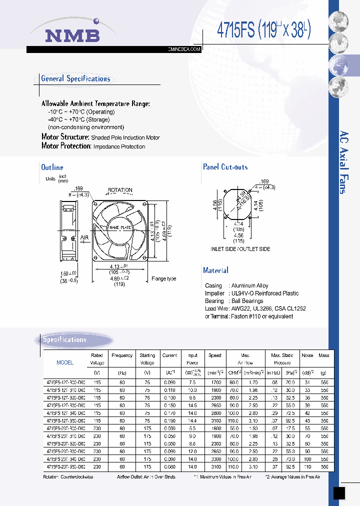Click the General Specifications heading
point(75,78)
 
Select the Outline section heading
point(52,167)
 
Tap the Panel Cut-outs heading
point(225,167)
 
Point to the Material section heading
point(215,270)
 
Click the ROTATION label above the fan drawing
point(120,190)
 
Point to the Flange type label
point(163,278)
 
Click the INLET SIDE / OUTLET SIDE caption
point(240,249)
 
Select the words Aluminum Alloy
point(249,286)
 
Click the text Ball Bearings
point(248,301)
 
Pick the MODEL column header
point(65,362)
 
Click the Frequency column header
point(122,355)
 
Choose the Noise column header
point(307,355)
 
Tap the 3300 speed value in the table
point(215,459)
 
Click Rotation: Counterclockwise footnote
point(68,477)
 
